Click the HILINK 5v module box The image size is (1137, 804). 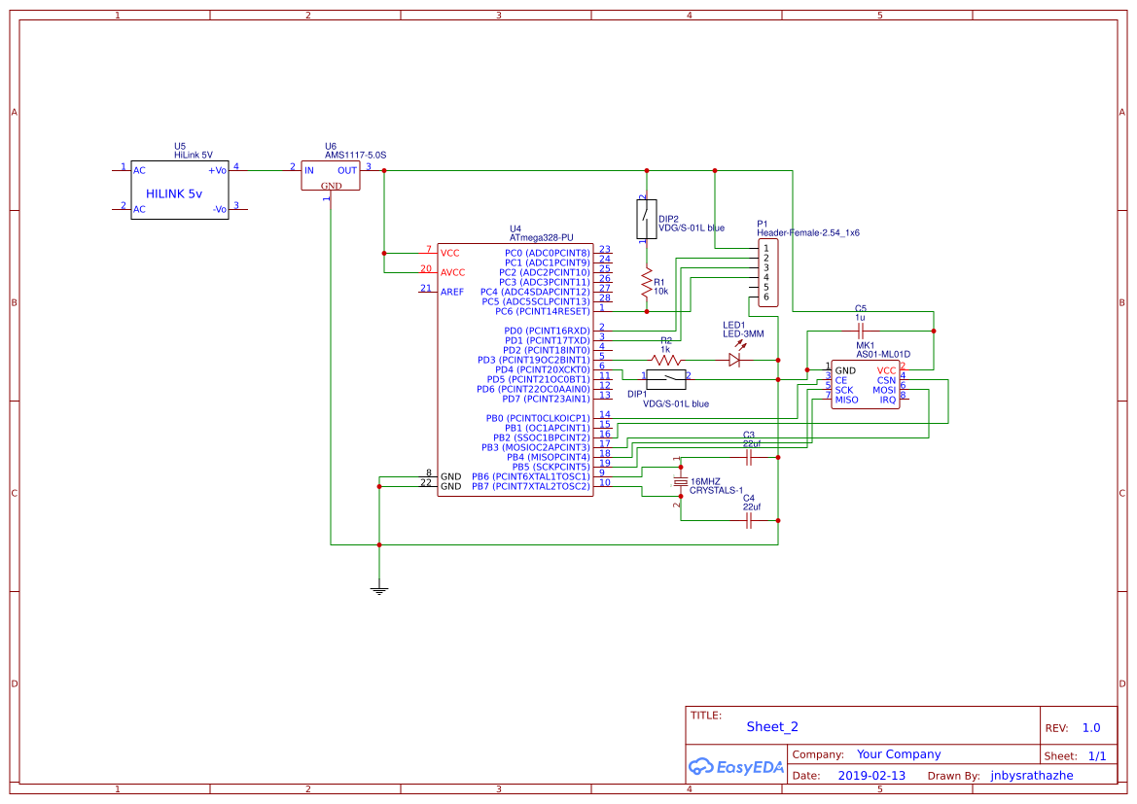[180, 191]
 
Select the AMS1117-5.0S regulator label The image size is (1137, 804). [355, 155]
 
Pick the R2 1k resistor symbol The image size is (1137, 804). [666, 360]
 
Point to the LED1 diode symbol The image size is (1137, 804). [735, 360]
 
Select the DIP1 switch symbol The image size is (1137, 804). [666, 379]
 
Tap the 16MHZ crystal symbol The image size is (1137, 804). [680, 482]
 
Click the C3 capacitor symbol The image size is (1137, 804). [748, 455]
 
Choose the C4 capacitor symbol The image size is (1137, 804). [748, 521]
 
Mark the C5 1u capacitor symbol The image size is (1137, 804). [860, 331]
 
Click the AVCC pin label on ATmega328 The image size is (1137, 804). [452, 272]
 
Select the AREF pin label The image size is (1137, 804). [452, 292]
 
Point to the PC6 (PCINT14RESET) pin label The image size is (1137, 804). [542, 311]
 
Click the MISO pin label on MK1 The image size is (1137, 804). [846, 400]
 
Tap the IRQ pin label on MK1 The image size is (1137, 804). [887, 400]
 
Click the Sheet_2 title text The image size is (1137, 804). [772, 726]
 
